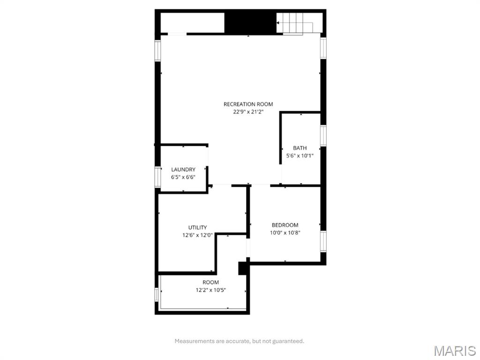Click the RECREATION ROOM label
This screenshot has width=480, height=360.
[x=248, y=104]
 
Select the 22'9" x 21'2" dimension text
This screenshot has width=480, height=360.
[x=248, y=112]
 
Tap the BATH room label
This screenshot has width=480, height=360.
[x=300, y=148]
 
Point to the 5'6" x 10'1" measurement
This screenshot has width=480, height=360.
[x=300, y=156]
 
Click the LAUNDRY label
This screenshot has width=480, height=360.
[x=183, y=170]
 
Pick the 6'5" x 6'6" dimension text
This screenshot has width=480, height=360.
[x=183, y=177]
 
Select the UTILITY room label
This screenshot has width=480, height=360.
[x=197, y=228]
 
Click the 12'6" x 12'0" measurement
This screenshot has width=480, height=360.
[x=197, y=235]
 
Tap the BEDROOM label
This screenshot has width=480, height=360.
[x=285, y=225]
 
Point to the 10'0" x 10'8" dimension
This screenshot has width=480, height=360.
[x=285, y=232]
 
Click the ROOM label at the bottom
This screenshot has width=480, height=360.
[x=211, y=282]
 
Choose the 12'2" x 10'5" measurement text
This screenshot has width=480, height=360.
[x=211, y=290]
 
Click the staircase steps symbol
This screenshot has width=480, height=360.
[x=294, y=23]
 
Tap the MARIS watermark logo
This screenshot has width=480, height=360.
[x=454, y=351]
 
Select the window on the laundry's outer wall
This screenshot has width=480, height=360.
[x=158, y=177]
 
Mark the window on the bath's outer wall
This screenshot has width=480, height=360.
[x=323, y=135]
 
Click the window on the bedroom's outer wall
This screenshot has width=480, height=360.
[x=323, y=241]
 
